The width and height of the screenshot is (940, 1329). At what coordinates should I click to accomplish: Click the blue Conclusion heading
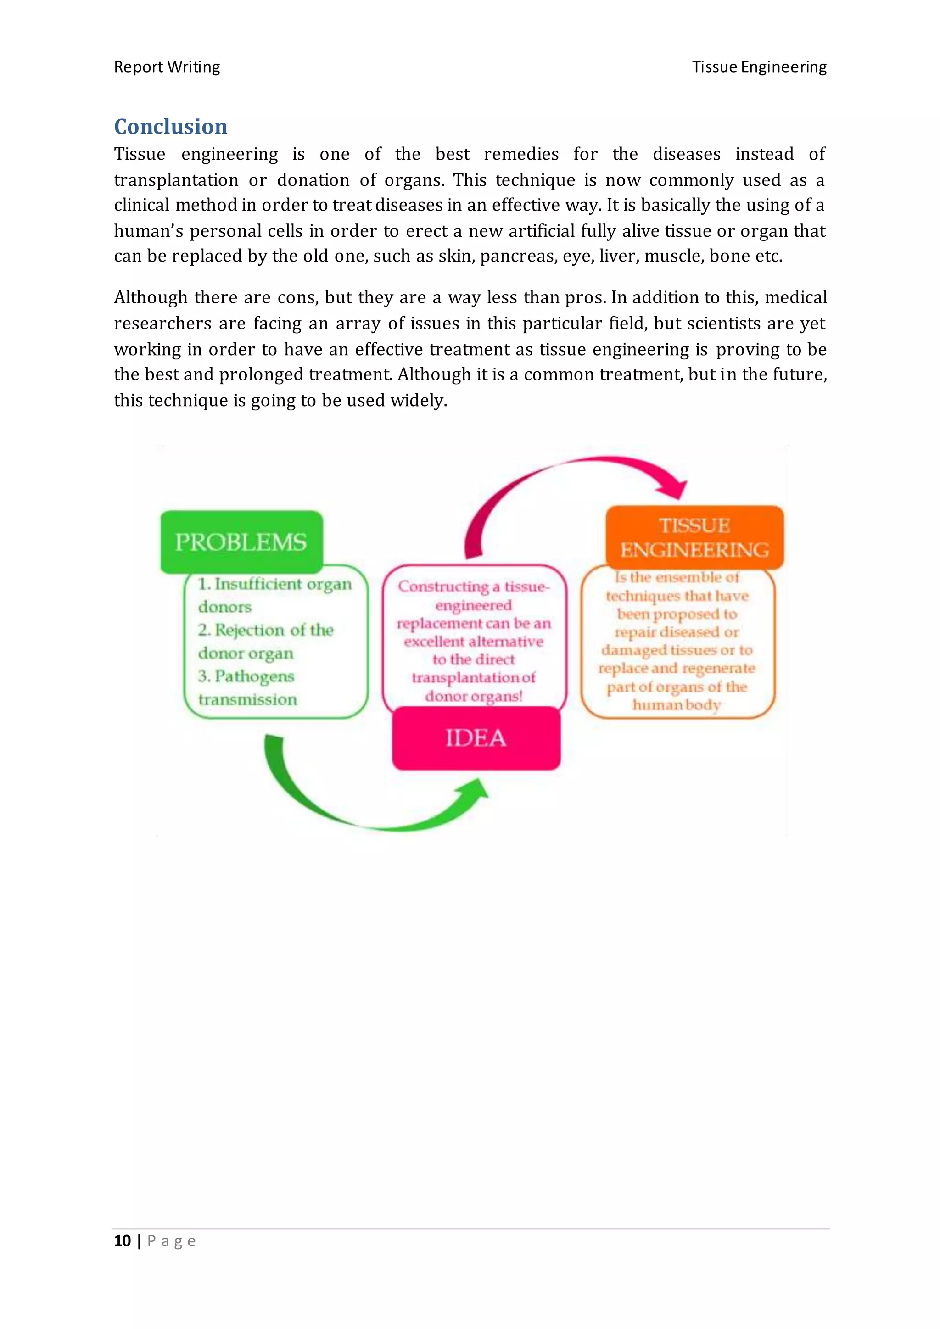coord(170,126)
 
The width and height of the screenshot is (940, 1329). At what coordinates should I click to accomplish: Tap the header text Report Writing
coord(167,67)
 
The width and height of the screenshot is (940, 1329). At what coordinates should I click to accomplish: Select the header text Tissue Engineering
coord(759,67)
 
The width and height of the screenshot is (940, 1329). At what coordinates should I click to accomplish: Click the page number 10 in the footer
coord(122,1240)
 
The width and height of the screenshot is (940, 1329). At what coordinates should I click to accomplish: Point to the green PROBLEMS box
coord(241,542)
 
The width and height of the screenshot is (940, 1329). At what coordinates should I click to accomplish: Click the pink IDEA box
coord(476,738)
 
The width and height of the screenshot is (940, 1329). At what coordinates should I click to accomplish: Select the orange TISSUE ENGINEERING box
coord(694,537)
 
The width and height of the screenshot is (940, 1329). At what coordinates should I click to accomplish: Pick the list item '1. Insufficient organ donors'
coord(274,595)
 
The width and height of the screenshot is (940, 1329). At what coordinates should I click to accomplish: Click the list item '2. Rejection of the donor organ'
coord(266,642)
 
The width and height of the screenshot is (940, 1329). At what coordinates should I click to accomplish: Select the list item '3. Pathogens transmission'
coord(247,687)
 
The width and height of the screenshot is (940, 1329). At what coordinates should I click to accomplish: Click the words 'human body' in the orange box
coord(676,705)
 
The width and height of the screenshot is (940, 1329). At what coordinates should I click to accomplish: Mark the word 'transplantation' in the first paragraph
coord(176,180)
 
